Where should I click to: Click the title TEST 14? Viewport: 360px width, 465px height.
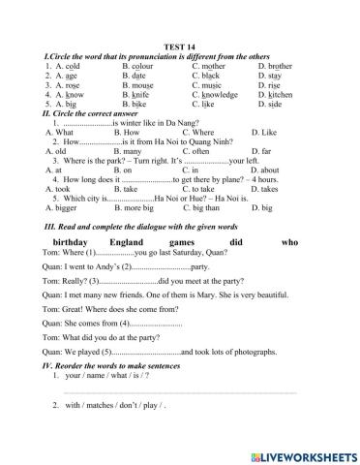pos(180,46)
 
